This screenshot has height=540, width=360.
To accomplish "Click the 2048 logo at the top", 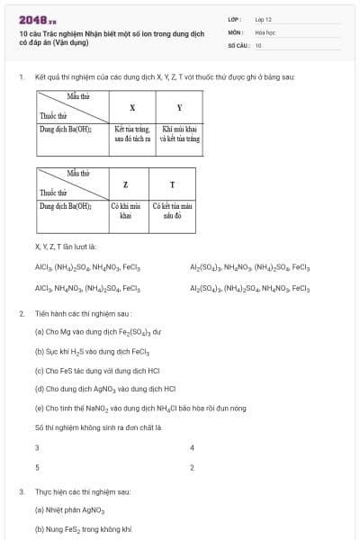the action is pos(38,20).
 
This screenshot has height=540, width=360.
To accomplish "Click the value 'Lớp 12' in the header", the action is pos(264,18).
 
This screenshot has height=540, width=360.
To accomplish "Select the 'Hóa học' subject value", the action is pos(265,31).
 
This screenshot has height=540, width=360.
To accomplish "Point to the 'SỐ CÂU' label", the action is pos(238,44).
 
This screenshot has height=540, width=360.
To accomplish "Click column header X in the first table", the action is pos(132,107).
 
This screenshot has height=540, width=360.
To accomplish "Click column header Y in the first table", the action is pos(179,107).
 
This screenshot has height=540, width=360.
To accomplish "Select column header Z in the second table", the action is pos(125,184).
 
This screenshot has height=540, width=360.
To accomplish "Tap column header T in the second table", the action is pos(172,184).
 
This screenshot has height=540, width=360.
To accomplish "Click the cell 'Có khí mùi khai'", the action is pos(125,211).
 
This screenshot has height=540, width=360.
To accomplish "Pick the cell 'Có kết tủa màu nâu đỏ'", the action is pos(172,211).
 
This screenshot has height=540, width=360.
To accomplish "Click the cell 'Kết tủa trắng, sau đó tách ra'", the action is pos(132,135).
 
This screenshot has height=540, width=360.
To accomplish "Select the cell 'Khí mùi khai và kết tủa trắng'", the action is pos(179,135).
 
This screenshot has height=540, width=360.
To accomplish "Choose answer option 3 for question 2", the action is pos(37,447).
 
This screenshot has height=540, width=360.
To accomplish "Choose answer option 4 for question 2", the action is pos(192,447).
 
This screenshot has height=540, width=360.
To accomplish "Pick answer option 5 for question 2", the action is pos(37,468).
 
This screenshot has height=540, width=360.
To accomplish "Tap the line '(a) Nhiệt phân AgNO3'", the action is pos(68,510).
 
